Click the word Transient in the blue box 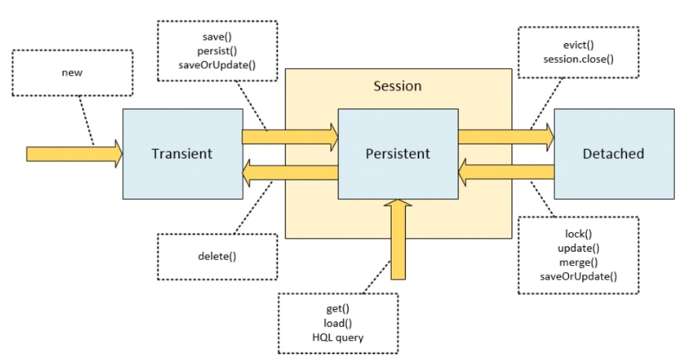pos(182,154)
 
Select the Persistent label pos(398,154)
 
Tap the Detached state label pos(614,154)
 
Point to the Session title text pos(398,86)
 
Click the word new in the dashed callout pos(72,72)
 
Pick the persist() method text pos(217,51)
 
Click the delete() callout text pos(217,256)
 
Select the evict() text pos(578,45)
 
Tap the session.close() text pos(578,59)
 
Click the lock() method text pos(578,235)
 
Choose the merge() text pos(578,262)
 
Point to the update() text pos(578,248)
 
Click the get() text pos(337,309)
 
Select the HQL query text pos(337,337)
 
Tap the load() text pos(337,323)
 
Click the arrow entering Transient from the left pos(75,154)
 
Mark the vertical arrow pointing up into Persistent pos(398,239)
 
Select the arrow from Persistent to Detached pos(506,137)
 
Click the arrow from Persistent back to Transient pos(290,173)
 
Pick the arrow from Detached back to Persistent pos(506,173)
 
